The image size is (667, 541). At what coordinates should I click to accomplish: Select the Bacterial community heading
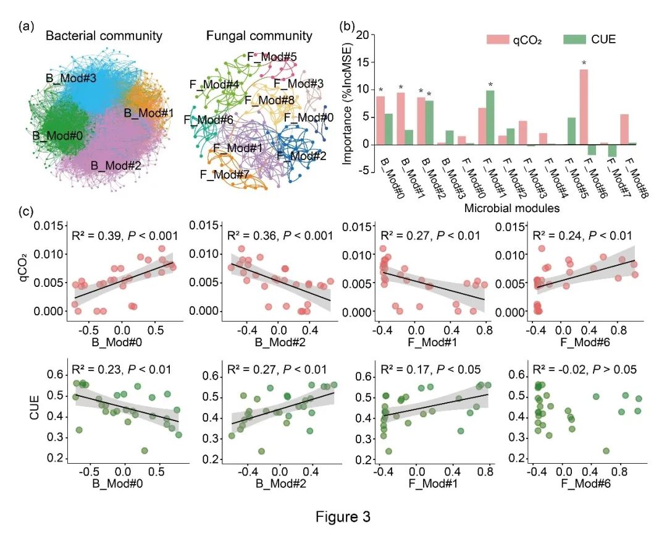pos(103,36)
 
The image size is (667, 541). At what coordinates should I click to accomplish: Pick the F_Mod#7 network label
pos(224,175)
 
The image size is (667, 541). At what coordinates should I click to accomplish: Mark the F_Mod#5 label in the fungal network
pos(272,58)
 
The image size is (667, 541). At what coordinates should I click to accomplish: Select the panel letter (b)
pos(348,27)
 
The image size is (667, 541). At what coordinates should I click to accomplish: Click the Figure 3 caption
pos(342,517)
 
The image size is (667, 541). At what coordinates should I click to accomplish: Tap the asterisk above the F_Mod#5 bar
pos(584,63)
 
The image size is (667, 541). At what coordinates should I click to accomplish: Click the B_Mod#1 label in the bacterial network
pos(149,113)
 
